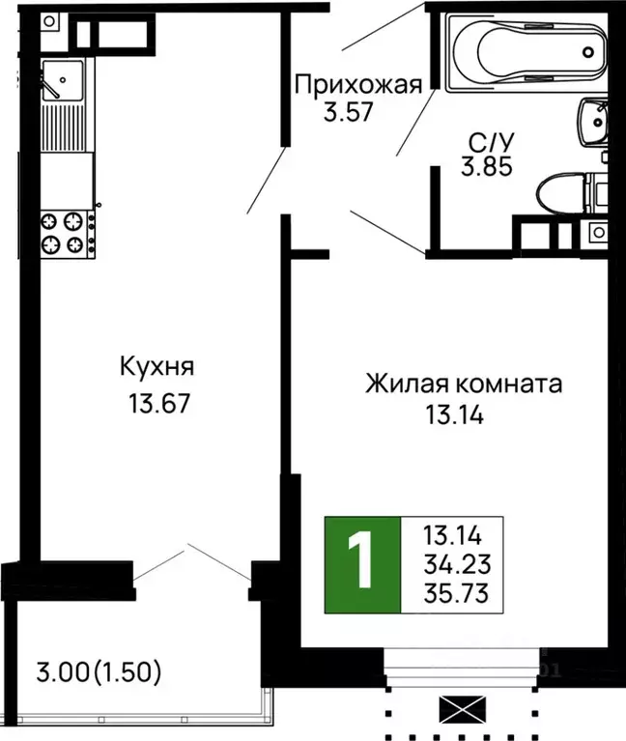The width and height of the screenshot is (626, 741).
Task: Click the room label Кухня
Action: pyautogui.click(x=157, y=367)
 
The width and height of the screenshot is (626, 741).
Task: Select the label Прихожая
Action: pyautogui.click(x=358, y=84)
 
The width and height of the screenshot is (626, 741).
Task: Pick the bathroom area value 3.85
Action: pyautogui.click(x=486, y=167)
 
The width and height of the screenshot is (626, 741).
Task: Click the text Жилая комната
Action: pyautogui.click(x=463, y=384)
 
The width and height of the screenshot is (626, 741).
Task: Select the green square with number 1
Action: pyautogui.click(x=361, y=565)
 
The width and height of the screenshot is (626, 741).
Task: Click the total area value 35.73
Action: pyautogui.click(x=453, y=592)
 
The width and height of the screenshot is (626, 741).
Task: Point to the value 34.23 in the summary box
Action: pyautogui.click(x=453, y=561)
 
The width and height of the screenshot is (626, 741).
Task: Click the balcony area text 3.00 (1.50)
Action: pyautogui.click(x=98, y=670)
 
